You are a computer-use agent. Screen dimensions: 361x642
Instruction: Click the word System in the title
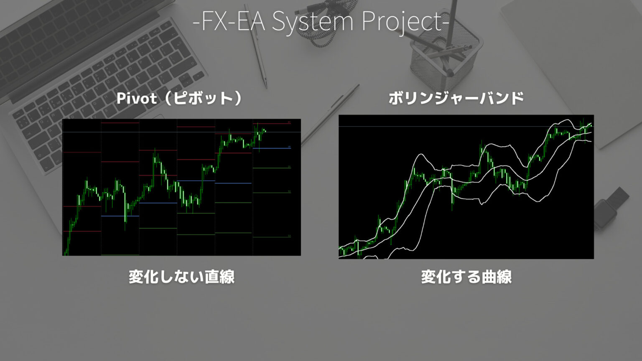pyautogui.click(x=313, y=21)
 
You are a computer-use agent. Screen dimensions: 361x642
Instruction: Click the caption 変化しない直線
pyautogui.click(x=181, y=277)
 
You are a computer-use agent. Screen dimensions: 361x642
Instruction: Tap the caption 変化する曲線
pyautogui.click(x=466, y=277)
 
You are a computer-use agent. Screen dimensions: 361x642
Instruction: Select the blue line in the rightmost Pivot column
pyautogui.click(x=271, y=148)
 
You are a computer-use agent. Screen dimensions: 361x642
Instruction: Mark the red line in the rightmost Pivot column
pyautogui.click(x=271, y=123)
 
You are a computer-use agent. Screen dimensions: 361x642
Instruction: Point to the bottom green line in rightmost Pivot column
pyautogui.click(x=271, y=237)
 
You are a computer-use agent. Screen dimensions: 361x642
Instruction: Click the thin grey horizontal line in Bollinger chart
pyautogui.click(x=418, y=126)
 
